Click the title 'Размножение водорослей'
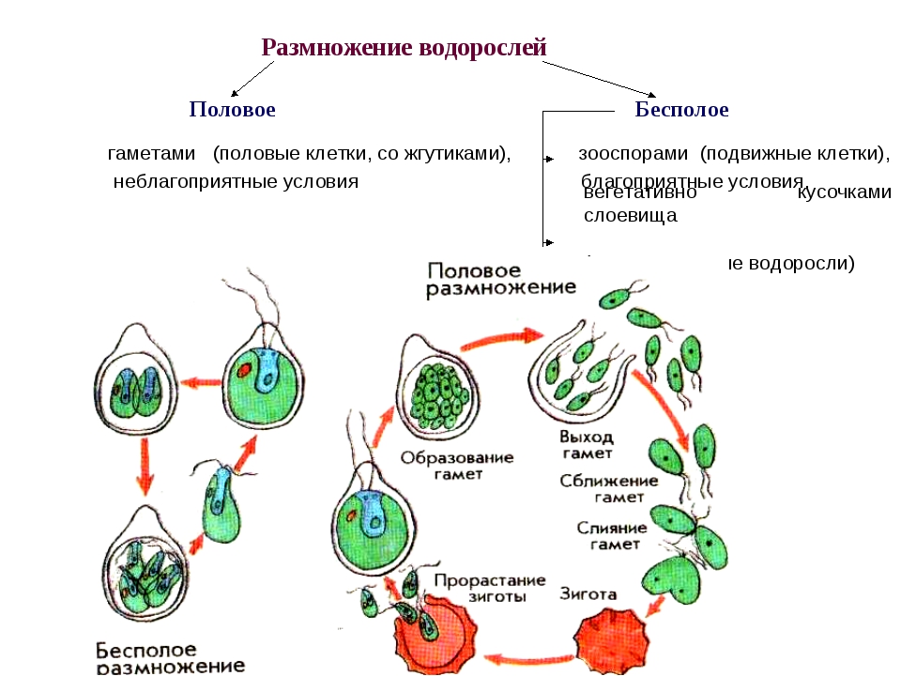[404, 47]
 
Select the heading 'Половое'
[232, 110]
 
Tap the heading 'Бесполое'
[681, 110]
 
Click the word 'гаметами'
[151, 153]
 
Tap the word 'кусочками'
[844, 193]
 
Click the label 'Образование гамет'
[457, 466]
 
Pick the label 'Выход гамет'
[587, 445]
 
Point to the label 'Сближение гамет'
[603, 488]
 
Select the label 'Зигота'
[588, 594]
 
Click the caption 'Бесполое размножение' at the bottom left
[169, 658]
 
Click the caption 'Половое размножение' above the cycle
[496, 279]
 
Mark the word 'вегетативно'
[639, 193]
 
